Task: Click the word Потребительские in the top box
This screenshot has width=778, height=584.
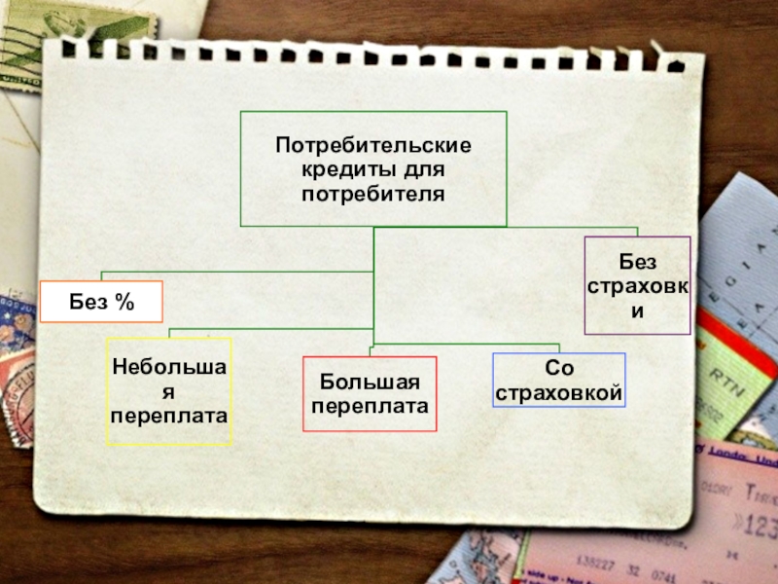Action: pos(372,146)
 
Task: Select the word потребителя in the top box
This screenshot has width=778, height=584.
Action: pos(372,194)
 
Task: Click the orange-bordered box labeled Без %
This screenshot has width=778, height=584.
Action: pos(101,302)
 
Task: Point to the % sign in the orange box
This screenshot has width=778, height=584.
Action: pos(124,302)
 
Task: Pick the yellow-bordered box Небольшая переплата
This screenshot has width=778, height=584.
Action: pos(169,391)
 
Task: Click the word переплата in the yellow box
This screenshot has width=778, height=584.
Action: pos(169,416)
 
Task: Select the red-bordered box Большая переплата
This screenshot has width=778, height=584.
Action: pos(370,393)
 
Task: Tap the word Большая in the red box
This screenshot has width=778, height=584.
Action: pos(370,382)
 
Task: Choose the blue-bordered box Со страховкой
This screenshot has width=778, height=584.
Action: pos(558,380)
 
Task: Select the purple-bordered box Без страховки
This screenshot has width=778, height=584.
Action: pos(637,285)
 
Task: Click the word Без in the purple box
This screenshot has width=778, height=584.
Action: pos(638,261)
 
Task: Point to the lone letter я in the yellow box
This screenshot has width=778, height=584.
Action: pos(169,392)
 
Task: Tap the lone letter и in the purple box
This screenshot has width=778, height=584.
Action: pos(638,312)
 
